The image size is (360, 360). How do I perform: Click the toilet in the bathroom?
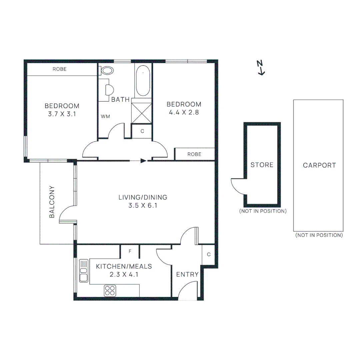pos(107,70)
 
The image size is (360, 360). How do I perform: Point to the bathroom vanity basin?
pos(109,90)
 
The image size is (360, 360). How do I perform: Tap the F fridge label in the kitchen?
pos(130,251)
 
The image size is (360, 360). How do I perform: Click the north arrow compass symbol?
pos(261,68)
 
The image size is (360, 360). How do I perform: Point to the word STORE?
pos(262,165)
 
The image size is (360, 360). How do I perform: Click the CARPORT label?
pos(319,165)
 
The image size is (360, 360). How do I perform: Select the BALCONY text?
pos(52,202)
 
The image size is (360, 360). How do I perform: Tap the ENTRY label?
pos(187,274)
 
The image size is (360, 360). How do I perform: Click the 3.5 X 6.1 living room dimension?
pos(142,205)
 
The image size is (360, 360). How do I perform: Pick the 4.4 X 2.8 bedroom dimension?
pos(184,112)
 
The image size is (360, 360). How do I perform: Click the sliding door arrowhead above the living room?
pos(143,161)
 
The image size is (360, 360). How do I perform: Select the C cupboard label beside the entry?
pos(209,254)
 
